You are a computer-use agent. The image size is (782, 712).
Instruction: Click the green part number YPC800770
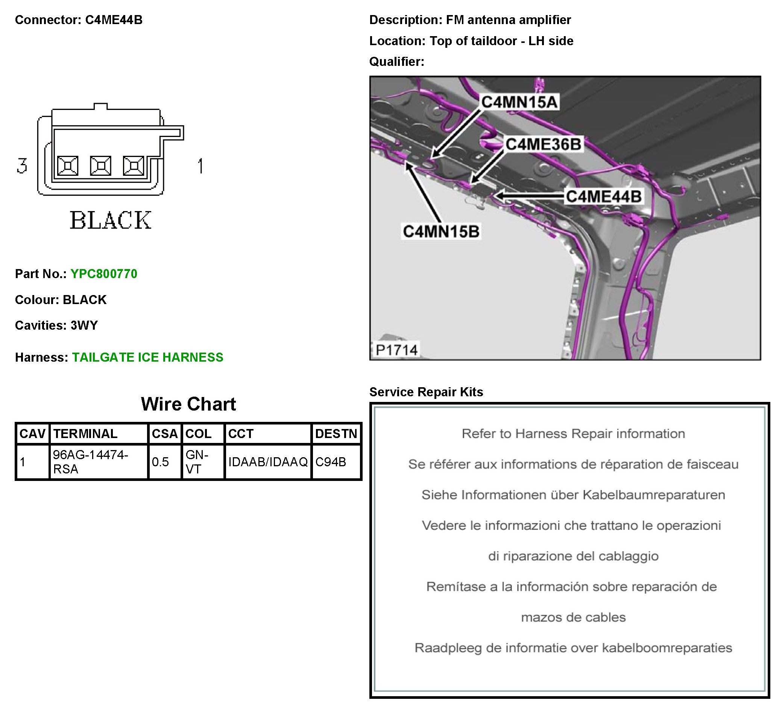(103, 274)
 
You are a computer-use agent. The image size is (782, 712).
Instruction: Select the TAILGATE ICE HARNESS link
(147, 358)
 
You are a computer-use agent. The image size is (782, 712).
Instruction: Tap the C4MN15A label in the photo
(519, 102)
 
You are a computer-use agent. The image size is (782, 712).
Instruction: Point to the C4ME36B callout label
(543, 145)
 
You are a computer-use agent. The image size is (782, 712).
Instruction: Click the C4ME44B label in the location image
(603, 196)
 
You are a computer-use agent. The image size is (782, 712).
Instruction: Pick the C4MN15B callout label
(441, 232)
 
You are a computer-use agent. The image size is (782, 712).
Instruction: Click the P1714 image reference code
(396, 350)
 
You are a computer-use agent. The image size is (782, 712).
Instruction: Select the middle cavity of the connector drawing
(100, 166)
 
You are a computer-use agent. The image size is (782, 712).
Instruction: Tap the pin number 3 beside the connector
(22, 166)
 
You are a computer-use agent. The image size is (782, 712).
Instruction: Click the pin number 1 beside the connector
(200, 166)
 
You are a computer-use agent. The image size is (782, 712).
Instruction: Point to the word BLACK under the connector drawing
(111, 221)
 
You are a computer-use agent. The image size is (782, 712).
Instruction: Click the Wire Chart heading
(188, 404)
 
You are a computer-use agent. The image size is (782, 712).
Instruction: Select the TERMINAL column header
(85, 434)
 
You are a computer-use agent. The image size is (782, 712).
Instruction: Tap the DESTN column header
(336, 434)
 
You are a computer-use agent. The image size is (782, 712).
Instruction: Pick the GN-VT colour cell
(197, 462)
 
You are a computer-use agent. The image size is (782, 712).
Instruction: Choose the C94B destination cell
(331, 462)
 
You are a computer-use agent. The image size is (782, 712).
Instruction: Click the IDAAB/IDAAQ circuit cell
(268, 462)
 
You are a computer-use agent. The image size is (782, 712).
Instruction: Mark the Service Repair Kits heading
(426, 392)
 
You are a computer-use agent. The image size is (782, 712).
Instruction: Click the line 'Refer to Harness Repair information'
(573, 434)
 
